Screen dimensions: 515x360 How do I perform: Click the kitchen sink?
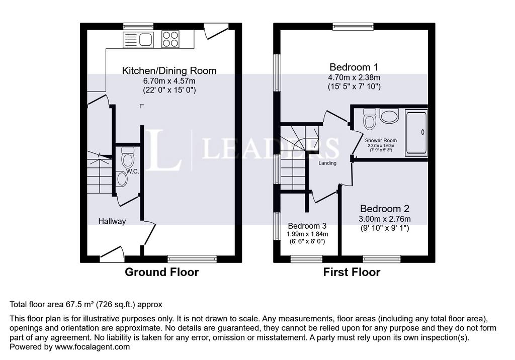click(138, 40)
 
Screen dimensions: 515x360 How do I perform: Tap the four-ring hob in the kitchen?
click(170, 39)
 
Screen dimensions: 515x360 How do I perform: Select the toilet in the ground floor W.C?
click(127, 157)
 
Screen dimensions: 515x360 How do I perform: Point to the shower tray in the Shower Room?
click(416, 133)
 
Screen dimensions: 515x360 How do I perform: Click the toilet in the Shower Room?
click(370, 119)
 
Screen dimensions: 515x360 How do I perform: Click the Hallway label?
click(112, 221)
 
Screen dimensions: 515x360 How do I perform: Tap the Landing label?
click(327, 163)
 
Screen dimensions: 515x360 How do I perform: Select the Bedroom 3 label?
click(307, 226)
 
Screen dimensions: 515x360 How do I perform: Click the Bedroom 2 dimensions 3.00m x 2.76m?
click(385, 219)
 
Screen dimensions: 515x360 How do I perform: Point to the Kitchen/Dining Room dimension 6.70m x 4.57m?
click(169, 81)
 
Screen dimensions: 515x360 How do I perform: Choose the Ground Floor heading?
click(161, 273)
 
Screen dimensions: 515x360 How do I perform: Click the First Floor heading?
click(352, 273)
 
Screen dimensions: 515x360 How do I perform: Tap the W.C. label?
click(133, 171)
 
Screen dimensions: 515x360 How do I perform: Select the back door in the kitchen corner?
click(216, 31)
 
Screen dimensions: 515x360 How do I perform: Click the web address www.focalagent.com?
click(93, 347)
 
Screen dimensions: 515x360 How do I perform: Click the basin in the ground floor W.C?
click(122, 179)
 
